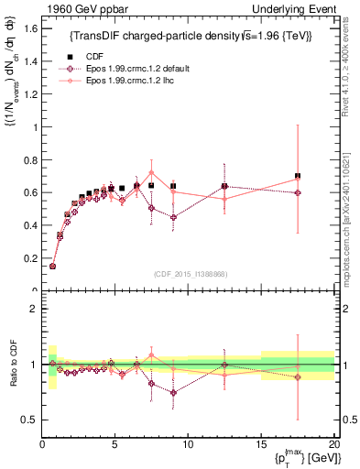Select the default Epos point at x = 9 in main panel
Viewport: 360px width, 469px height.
(x=173, y=217)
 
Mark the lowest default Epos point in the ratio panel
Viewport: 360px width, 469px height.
(x=173, y=393)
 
